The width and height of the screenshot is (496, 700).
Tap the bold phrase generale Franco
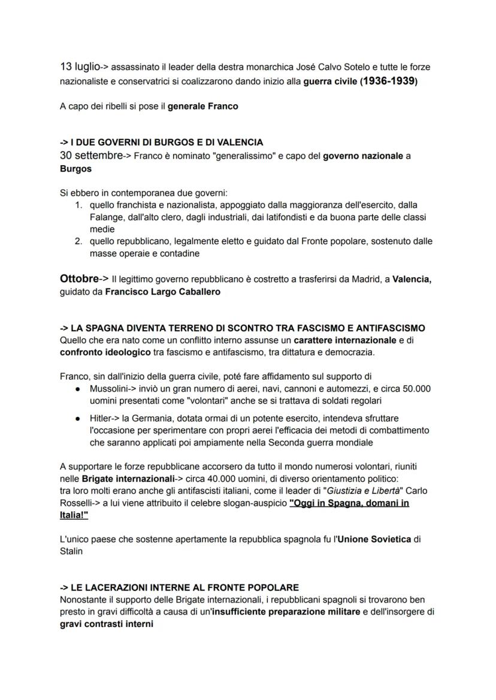click(x=202, y=107)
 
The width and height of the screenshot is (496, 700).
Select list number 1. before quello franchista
click(x=78, y=205)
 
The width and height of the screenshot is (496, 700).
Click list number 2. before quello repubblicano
click(x=78, y=241)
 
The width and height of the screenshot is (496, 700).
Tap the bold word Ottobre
click(x=79, y=278)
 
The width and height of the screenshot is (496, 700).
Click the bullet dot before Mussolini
click(x=78, y=389)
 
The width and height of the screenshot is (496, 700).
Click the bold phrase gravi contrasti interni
click(x=107, y=624)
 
